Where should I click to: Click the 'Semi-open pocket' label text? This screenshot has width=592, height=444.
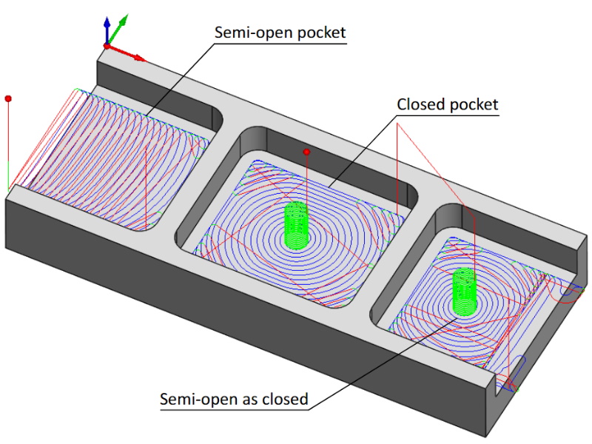pyautogui.click(x=280, y=33)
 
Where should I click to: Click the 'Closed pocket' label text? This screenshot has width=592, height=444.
pyautogui.click(x=448, y=104)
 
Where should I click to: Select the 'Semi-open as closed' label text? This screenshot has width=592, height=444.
pyautogui.click(x=234, y=400)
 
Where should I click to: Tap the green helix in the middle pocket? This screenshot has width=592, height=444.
pyautogui.click(x=296, y=226)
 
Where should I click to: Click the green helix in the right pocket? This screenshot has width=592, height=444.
pyautogui.click(x=464, y=292)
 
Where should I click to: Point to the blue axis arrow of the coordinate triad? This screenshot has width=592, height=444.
pyautogui.click(x=107, y=27)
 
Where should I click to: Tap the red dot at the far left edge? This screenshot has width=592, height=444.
pyautogui.click(x=8, y=98)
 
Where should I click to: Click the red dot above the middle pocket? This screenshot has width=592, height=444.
pyautogui.click(x=306, y=152)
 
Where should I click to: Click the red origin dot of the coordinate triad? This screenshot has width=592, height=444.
pyautogui.click(x=107, y=46)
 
